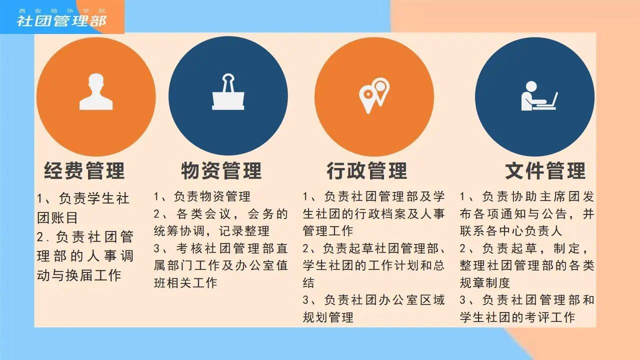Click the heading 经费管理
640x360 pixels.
84,170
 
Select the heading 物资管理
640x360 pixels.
221,170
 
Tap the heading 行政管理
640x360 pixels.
367,170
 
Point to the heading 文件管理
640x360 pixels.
545,170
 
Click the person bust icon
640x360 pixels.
96,91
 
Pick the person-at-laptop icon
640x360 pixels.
539,96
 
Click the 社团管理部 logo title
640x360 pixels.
61,21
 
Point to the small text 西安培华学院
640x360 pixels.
62,11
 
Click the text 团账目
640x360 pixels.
57,217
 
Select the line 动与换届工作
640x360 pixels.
79,275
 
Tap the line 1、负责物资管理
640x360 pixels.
202,196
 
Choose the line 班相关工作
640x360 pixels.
185,283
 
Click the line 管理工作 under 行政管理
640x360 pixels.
328,231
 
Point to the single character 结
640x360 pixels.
309,283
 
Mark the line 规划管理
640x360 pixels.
328,317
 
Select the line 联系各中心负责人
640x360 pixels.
511,231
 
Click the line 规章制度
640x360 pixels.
485,283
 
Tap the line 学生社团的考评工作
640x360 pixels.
517,317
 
